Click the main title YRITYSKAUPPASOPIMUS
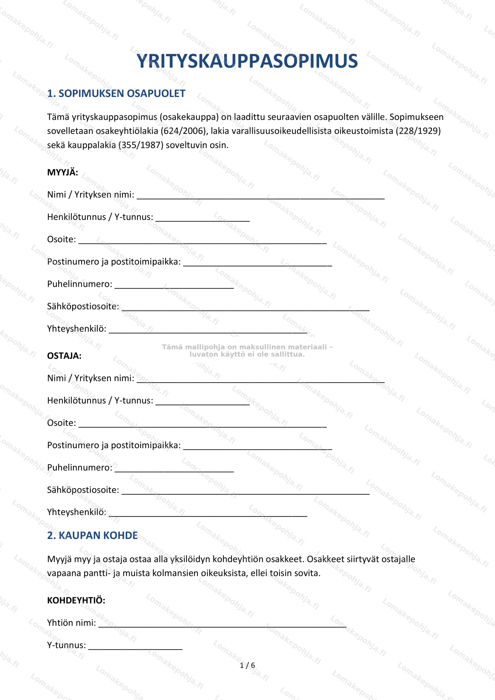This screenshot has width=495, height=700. click(247, 61)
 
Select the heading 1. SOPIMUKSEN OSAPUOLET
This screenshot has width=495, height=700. click(116, 94)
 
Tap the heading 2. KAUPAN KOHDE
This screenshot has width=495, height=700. click(92, 535)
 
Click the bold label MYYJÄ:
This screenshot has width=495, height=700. click(63, 173)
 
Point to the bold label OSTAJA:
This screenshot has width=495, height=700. click(64, 356)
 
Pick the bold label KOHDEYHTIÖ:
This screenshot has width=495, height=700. click(76, 600)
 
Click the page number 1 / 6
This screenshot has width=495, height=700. click(247, 665)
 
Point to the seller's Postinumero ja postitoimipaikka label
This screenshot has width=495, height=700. click(114, 262)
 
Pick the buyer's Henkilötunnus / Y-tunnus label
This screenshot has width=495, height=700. click(100, 401)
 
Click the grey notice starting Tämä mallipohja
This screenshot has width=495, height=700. click(247, 351)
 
